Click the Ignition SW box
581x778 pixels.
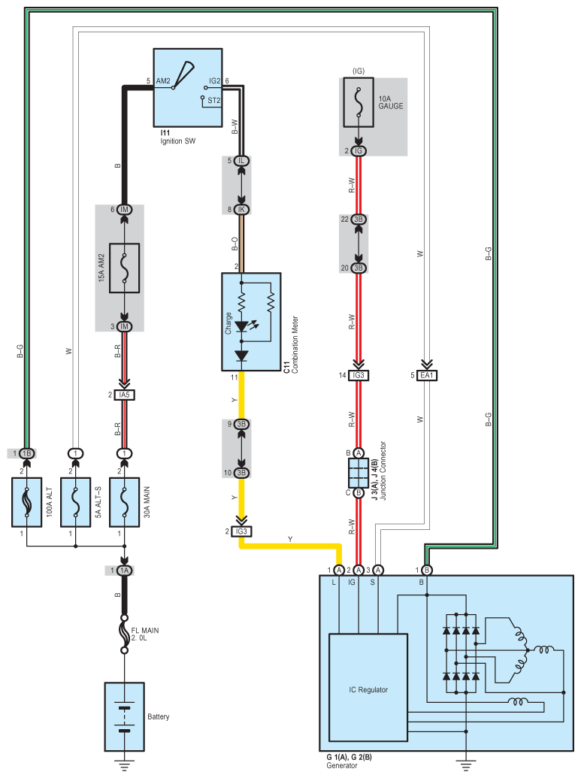[188, 88]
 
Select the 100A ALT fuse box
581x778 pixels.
[27, 502]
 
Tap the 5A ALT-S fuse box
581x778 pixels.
[75, 502]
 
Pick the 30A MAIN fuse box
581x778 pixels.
[124, 502]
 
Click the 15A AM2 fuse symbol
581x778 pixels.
[124, 268]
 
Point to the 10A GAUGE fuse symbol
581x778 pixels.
[359, 102]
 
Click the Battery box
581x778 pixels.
[124, 716]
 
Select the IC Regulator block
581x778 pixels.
[368, 688]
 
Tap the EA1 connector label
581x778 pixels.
[427, 375]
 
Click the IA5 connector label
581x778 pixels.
[124, 395]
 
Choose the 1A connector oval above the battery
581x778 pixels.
[124, 571]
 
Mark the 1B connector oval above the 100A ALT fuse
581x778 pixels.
[27, 453]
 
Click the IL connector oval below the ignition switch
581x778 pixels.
[241, 161]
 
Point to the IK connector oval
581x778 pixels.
[241, 210]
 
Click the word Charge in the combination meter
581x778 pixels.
[228, 322]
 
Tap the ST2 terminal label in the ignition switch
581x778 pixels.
[214, 100]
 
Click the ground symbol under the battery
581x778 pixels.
[124, 764]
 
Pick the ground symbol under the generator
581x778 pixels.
[465, 764]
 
